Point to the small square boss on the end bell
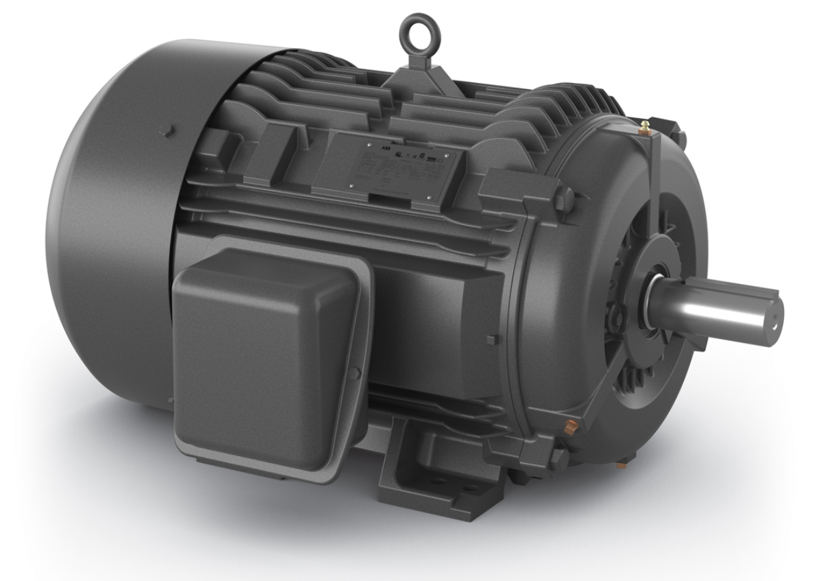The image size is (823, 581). point(489,340)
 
